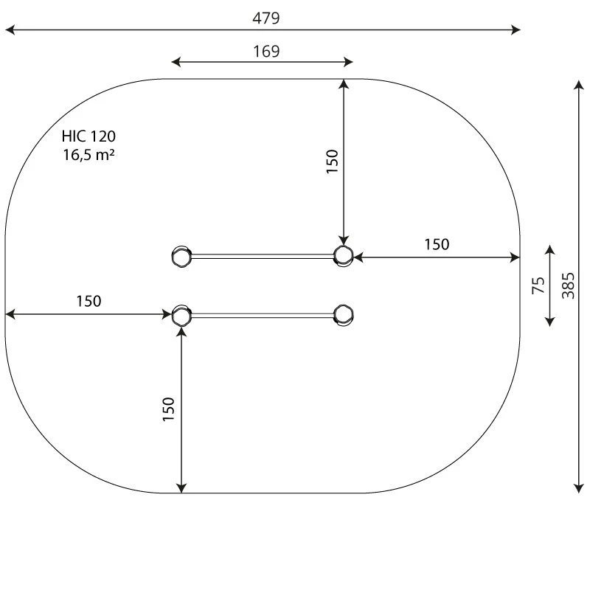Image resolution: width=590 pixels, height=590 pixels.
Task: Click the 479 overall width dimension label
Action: click(266, 18)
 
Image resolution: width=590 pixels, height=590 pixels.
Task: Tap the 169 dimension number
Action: click(266, 52)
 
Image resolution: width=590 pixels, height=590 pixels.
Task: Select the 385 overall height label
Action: click(568, 285)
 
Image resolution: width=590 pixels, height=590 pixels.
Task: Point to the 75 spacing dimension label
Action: click(538, 285)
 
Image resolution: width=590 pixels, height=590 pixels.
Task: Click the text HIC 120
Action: click(88, 136)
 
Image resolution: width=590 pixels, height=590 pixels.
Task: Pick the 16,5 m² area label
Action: click(88, 155)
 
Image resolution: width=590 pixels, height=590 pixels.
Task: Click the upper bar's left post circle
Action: click(181, 256)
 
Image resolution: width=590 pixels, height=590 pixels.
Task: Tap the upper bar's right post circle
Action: click(343, 255)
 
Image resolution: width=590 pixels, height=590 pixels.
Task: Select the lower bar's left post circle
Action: click(181, 316)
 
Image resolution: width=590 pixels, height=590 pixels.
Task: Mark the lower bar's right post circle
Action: click(343, 315)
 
